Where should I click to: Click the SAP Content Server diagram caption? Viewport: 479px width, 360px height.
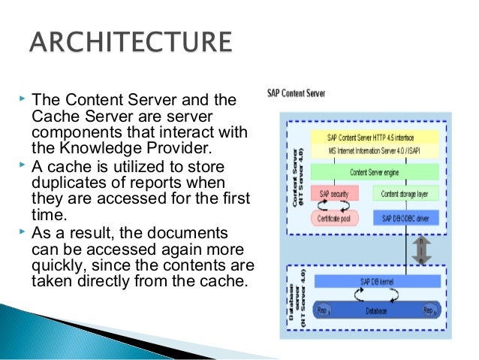click(x=297, y=95)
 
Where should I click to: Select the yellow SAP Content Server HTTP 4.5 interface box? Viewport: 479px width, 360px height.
click(x=371, y=138)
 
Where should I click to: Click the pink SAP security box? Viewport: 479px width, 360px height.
click(x=335, y=194)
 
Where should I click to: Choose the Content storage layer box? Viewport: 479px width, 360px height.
click(x=404, y=194)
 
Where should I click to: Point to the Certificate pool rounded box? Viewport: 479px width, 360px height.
click(x=335, y=217)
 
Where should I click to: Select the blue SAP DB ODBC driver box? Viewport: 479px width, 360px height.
click(x=404, y=217)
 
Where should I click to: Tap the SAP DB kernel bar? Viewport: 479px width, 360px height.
click(x=371, y=280)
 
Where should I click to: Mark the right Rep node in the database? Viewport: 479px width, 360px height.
click(x=428, y=309)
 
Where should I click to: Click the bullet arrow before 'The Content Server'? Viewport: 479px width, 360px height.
click(x=20, y=98)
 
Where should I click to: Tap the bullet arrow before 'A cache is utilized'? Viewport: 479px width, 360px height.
click(x=20, y=162)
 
